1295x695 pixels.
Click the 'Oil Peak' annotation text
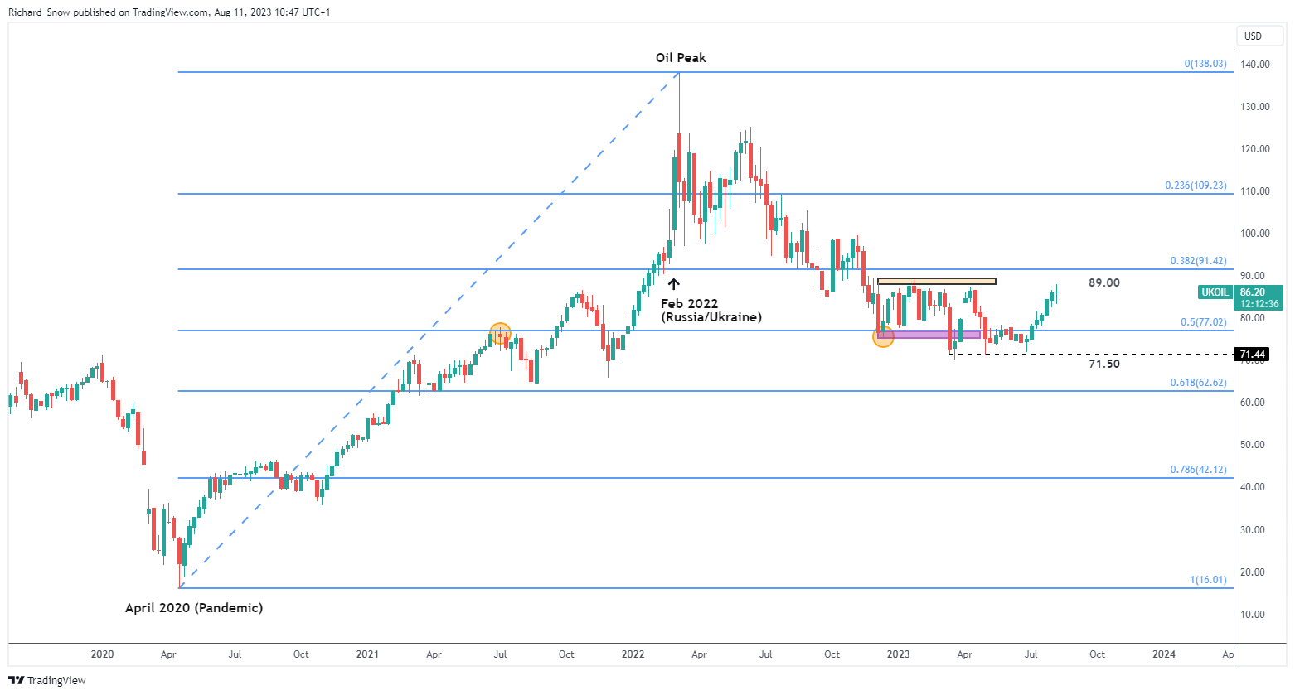[681, 58]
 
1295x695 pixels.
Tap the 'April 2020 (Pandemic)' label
[194, 608]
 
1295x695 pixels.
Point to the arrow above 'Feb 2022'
[674, 284]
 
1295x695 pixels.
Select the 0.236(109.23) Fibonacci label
[1196, 186]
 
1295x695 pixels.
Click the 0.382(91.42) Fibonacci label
[1198, 261]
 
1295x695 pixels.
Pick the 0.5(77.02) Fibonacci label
[1203, 322]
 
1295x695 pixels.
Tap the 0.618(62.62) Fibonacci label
[1198, 383]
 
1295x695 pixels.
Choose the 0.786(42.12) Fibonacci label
[1198, 470]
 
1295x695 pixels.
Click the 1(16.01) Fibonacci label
[1208, 580]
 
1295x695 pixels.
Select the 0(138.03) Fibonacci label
[1205, 64]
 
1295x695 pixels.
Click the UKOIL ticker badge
[1215, 292]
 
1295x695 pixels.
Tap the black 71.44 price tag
[1252, 355]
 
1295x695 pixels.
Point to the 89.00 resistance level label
[1103, 283]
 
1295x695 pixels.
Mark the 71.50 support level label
[1103, 364]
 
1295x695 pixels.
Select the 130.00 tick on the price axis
[1255, 107]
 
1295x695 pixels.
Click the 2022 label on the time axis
[633, 654]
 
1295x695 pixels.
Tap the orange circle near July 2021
[500, 334]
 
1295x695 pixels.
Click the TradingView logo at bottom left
[47, 680]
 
